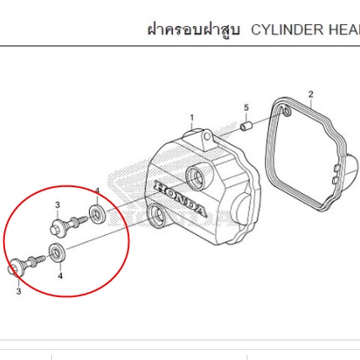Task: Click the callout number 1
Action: pyautogui.click(x=192, y=118)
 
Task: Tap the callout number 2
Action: pyautogui.click(x=310, y=95)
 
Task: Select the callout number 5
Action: pyautogui.click(x=246, y=107)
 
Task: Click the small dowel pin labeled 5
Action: pyautogui.click(x=247, y=126)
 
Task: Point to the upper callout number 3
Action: pyautogui.click(x=57, y=205)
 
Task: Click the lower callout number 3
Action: pyautogui.click(x=18, y=291)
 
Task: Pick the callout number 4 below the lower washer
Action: pyautogui.click(x=60, y=276)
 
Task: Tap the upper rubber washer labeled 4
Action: pyautogui.click(x=97, y=214)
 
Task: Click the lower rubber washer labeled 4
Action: pyautogui.click(x=57, y=253)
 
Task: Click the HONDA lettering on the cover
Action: pyautogui.click(x=180, y=198)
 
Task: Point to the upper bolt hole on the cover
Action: pyautogui.click(x=196, y=176)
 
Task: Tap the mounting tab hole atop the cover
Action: pyautogui.click(x=207, y=137)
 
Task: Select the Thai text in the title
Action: pyautogui.click(x=193, y=29)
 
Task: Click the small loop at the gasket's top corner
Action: pyautogui.click(x=287, y=112)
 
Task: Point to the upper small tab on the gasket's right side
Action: pyautogui.click(x=337, y=168)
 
